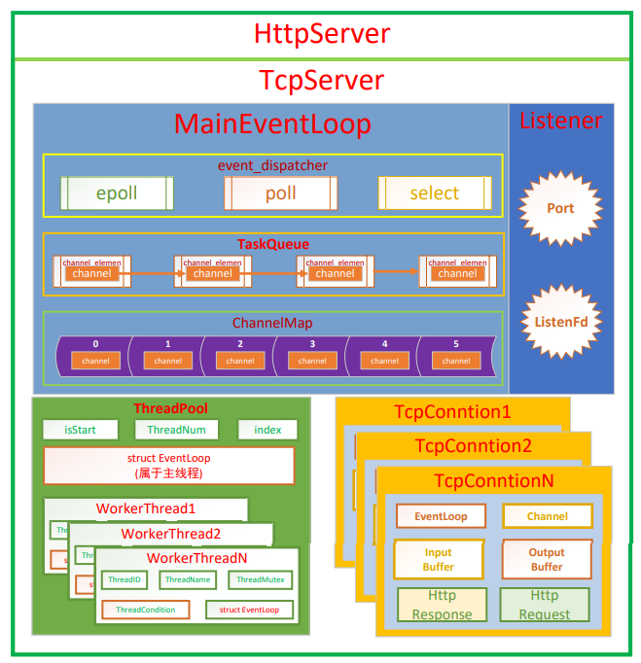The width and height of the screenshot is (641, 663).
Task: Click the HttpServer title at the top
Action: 322,34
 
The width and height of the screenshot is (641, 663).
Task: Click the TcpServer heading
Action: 322,80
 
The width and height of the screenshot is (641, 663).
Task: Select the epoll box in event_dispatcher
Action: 117,192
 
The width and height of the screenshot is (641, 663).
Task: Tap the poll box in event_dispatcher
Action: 281,192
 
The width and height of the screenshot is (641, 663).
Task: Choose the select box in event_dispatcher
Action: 434,192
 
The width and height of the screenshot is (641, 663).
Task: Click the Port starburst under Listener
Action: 560,208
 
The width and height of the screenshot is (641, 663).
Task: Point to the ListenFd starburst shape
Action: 560,322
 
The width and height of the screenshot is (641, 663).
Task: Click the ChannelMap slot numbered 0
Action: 95,355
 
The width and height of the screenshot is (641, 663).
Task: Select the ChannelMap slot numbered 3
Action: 312,355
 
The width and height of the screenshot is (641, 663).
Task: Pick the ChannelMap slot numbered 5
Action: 456,355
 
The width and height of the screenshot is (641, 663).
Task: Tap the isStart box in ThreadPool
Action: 81,430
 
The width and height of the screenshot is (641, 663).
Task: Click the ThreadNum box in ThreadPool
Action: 177,430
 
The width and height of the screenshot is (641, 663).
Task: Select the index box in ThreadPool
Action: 267,430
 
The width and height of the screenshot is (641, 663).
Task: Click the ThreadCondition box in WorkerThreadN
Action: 146,610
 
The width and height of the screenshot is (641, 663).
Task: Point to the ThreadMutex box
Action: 261,580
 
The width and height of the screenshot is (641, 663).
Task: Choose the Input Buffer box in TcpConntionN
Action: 439,559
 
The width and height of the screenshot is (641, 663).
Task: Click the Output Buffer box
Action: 547,559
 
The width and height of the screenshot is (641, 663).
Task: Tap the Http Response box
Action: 442,605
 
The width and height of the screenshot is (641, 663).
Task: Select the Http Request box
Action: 545,605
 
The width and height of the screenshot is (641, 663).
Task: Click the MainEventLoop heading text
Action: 272,124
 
